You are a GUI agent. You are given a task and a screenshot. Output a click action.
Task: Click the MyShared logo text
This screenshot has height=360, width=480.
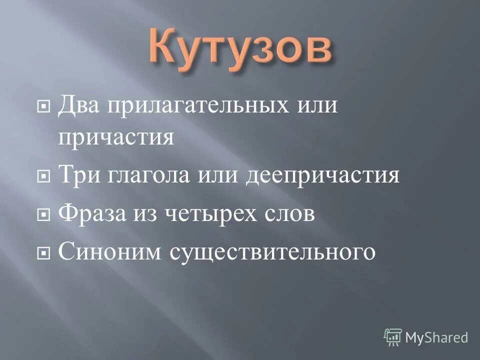coord(436,337)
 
